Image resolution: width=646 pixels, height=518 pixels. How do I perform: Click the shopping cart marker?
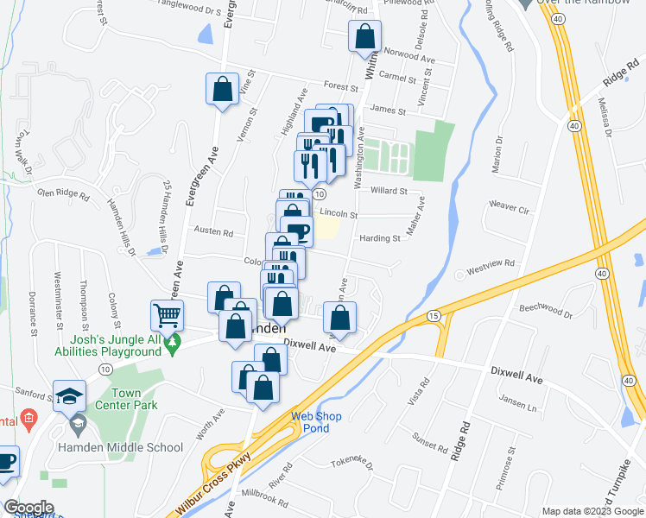click(167, 316)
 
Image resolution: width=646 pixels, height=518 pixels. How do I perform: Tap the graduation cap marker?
click(69, 396)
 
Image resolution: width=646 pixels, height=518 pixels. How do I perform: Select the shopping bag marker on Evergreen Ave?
click(222, 89)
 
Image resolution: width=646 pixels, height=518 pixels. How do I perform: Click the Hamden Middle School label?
click(131, 446)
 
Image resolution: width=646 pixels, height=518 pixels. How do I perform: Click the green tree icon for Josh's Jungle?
click(174, 344)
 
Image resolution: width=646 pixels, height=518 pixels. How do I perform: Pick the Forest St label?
click(341, 87)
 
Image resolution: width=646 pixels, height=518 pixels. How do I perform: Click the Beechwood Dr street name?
click(546, 308)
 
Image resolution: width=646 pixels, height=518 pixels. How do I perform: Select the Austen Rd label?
click(213, 232)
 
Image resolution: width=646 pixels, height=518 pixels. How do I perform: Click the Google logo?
click(28, 508)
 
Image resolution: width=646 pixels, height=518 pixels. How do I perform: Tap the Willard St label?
click(389, 191)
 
